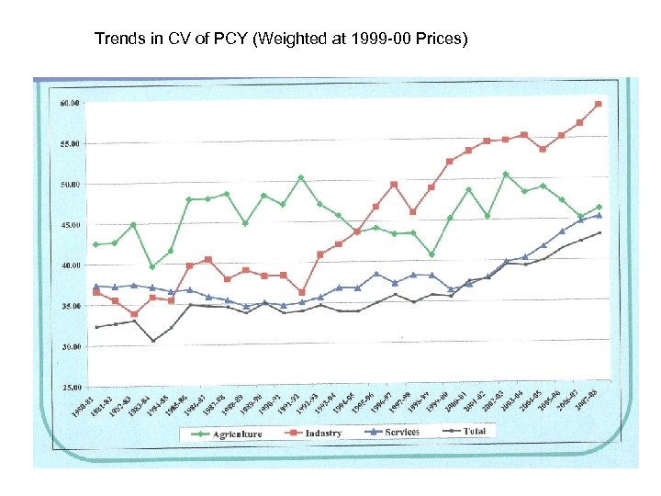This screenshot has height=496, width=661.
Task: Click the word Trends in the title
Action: point(118,39)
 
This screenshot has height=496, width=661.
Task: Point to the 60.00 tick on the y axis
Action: point(69,103)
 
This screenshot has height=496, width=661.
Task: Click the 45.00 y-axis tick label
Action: point(69,225)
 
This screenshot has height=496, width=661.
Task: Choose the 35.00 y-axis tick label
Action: point(69,307)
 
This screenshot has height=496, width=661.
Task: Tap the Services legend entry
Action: point(402,432)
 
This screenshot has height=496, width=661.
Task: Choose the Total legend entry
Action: point(474,431)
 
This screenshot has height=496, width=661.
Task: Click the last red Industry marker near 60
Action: point(599,104)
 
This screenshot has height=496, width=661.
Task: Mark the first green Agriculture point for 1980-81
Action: point(96,244)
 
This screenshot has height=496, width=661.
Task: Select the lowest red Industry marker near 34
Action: point(134,314)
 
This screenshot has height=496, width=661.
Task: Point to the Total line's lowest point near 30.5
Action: point(153,341)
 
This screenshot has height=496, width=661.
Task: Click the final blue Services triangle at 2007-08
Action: point(599,215)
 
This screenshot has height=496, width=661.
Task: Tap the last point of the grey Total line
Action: point(599,232)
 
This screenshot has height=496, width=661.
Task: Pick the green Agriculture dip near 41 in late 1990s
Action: point(431,254)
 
